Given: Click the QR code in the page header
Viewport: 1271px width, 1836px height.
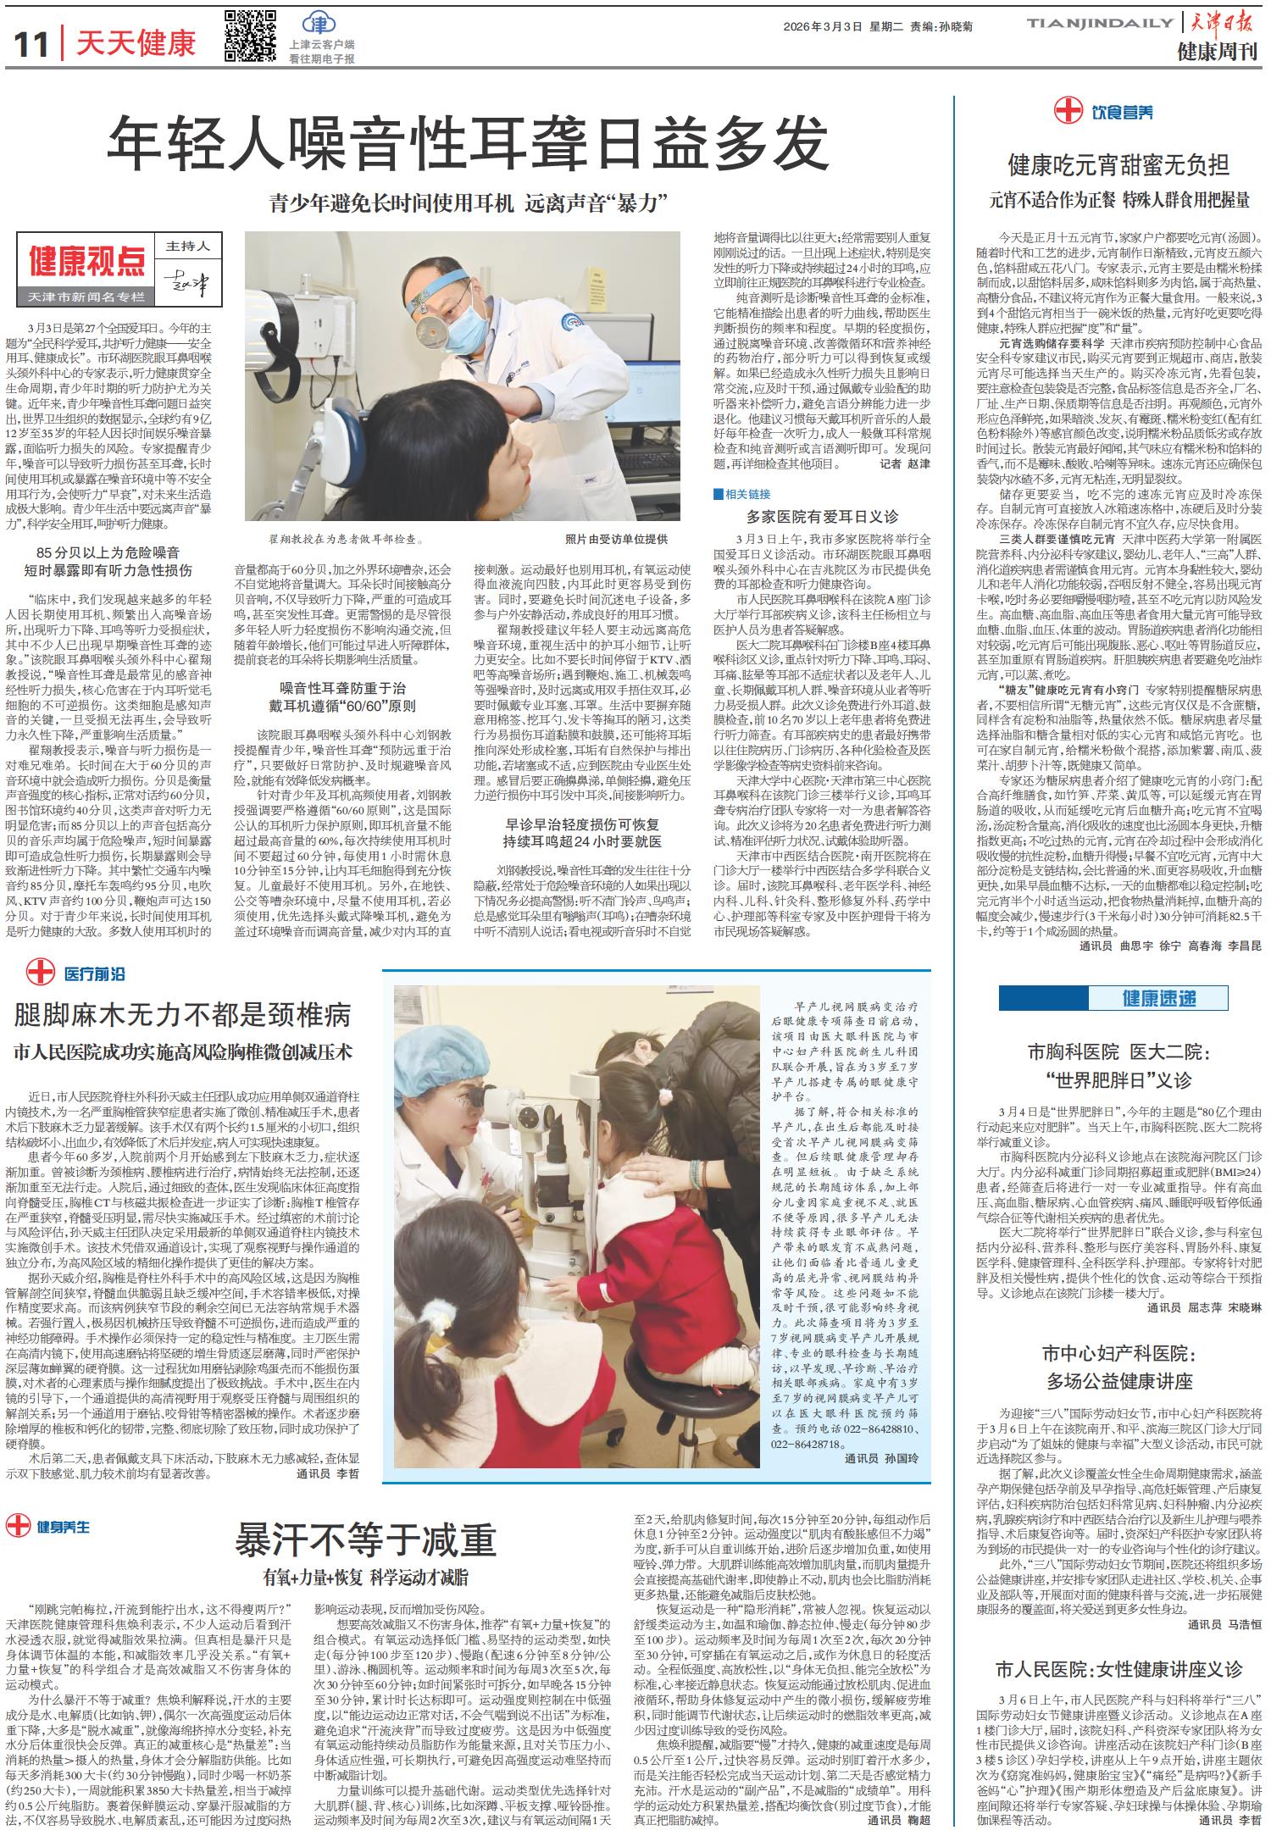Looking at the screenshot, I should [x=250, y=36].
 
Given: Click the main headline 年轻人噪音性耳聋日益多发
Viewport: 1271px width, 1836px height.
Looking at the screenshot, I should [x=467, y=143].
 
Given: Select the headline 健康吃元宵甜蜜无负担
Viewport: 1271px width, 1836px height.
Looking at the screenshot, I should [x=1118, y=164].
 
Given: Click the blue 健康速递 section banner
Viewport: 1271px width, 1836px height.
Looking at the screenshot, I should [x=1159, y=998].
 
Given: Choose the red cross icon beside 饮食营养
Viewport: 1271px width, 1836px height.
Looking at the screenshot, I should [x=1069, y=110].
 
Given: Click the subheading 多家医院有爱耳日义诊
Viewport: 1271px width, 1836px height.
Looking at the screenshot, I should [x=822, y=515].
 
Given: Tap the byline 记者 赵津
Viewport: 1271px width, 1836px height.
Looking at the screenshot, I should [x=905, y=464].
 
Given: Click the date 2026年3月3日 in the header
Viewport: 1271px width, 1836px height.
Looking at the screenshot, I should [x=820, y=25].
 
